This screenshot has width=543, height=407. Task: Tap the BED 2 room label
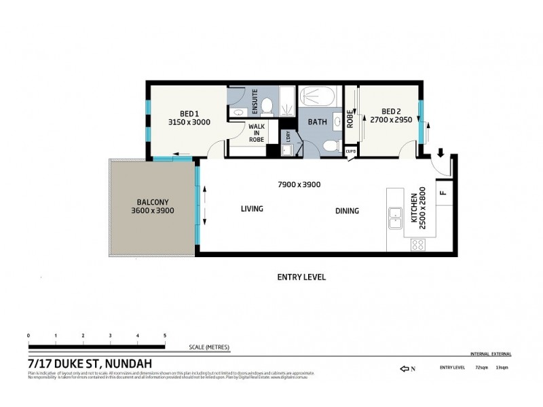(x=391, y=112)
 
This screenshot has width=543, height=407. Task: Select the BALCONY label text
(x=153, y=201)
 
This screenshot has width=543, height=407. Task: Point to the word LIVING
(x=252, y=209)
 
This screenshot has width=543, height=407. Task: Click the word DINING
(x=347, y=211)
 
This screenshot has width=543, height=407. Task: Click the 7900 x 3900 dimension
(x=299, y=185)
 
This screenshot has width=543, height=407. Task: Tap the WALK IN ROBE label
(x=256, y=133)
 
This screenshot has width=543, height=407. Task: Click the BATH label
(x=318, y=122)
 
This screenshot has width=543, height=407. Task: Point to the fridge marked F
(x=443, y=192)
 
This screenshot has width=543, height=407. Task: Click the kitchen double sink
(x=395, y=218)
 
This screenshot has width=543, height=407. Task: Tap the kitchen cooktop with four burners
(x=417, y=245)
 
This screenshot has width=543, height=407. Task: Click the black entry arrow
(x=440, y=153)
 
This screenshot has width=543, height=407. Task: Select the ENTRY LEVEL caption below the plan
(x=301, y=277)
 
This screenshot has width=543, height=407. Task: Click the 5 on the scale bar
(x=165, y=336)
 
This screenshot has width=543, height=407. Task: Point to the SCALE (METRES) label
(x=209, y=347)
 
